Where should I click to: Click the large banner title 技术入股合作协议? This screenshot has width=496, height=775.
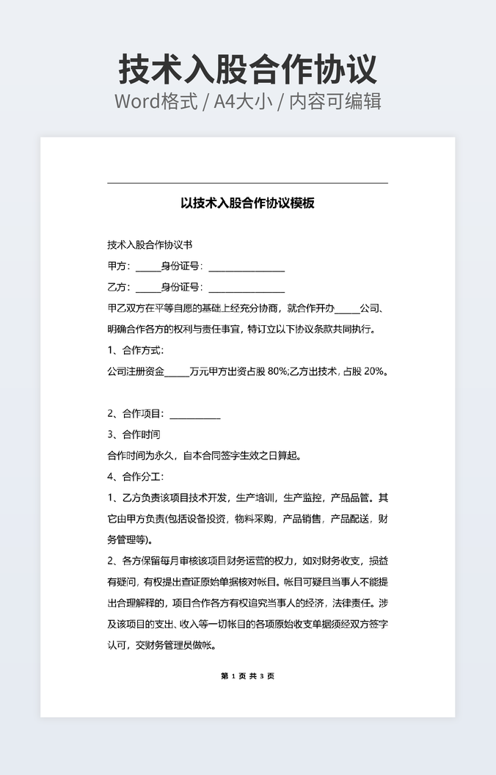tap(248, 69)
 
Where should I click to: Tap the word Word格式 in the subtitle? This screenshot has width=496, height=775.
tap(156, 101)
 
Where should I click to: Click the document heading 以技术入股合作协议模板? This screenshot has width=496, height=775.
tap(248, 203)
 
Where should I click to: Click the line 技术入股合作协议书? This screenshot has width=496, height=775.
tap(150, 244)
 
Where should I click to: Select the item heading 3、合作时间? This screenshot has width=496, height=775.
tap(134, 434)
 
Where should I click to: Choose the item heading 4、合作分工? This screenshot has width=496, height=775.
tap(136, 476)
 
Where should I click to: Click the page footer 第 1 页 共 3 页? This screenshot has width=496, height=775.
tap(247, 676)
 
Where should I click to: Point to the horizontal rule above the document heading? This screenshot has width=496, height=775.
tap(247, 183)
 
